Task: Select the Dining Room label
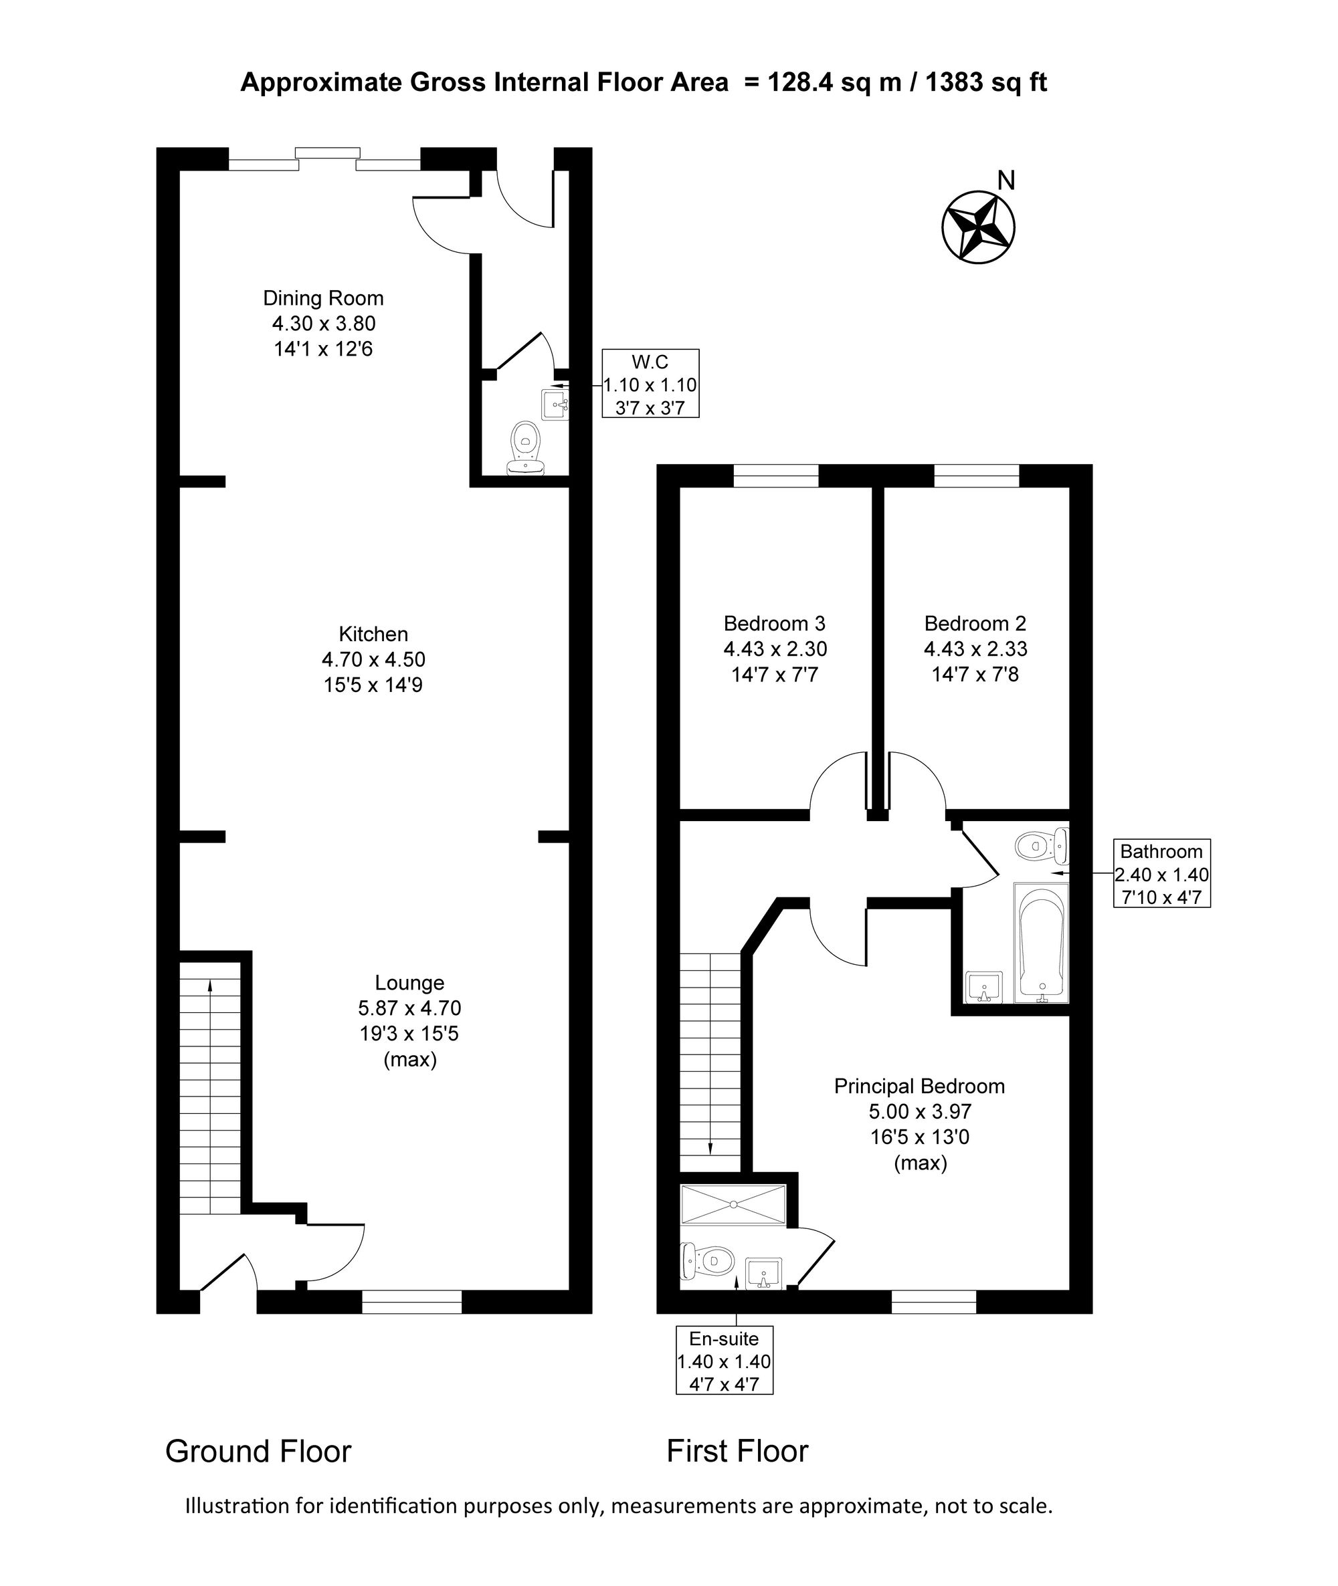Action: [324, 298]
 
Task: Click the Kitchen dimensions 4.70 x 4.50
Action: [373, 659]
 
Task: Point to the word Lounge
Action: [409, 982]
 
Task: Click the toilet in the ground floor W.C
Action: [526, 449]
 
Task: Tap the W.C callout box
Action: [650, 384]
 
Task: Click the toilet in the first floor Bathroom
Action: [1042, 845]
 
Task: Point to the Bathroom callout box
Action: [1161, 873]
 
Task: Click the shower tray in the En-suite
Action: [733, 1205]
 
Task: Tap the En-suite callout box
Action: [725, 1361]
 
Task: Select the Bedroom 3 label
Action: [775, 623]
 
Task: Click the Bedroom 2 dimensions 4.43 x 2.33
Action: [975, 649]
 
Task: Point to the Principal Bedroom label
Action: [919, 1087]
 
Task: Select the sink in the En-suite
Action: [764, 1273]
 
